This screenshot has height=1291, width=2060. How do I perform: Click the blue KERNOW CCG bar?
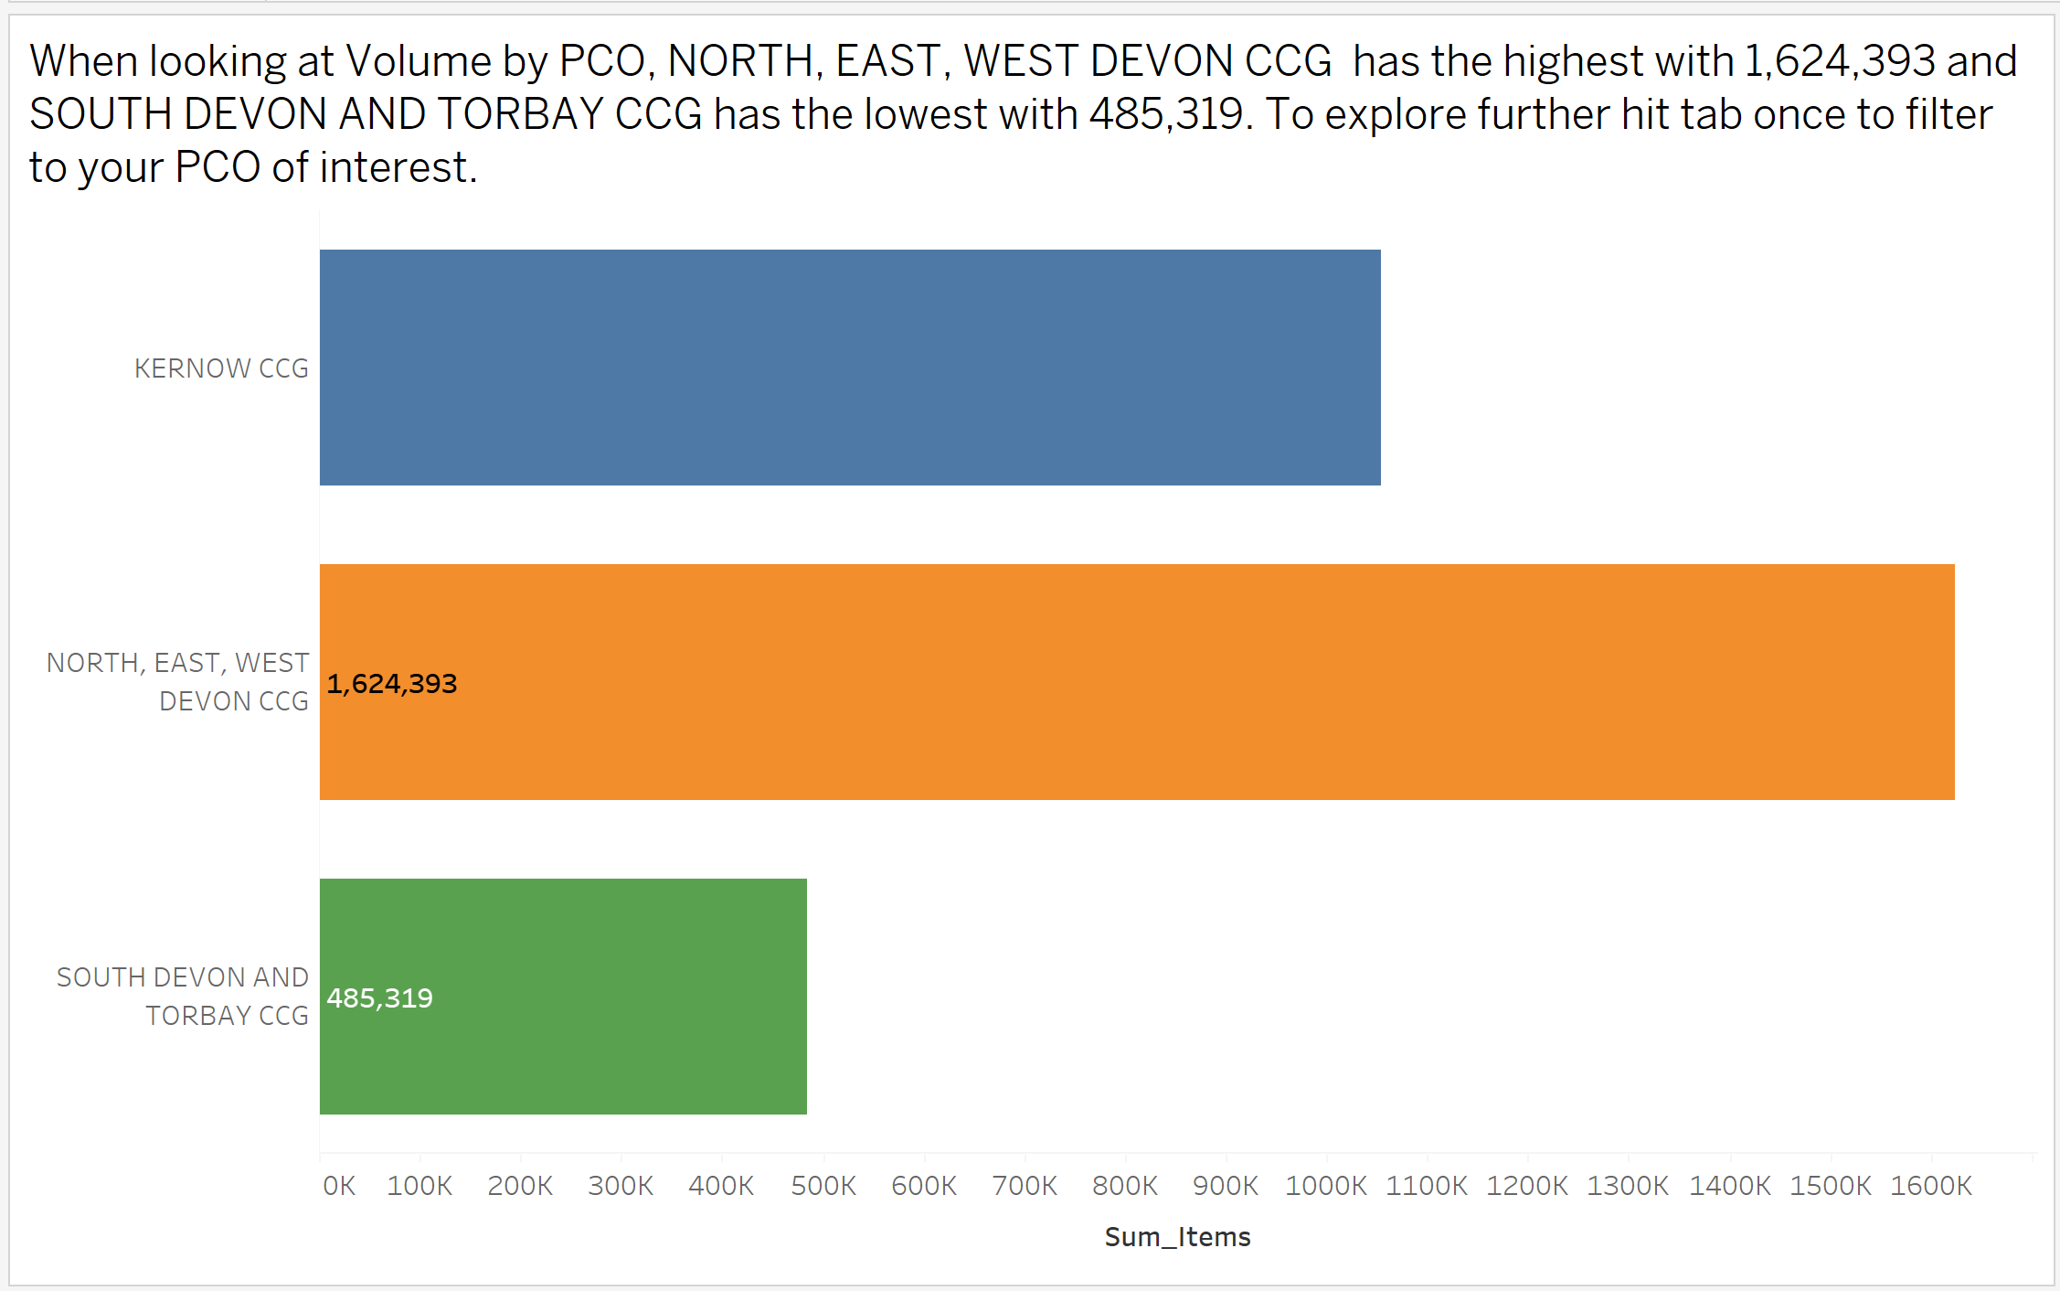(x=850, y=368)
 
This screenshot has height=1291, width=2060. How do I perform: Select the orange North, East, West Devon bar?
(x=1137, y=682)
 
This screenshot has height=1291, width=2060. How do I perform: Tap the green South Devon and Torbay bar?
(x=563, y=997)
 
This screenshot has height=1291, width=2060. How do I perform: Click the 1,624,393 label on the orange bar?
(x=392, y=684)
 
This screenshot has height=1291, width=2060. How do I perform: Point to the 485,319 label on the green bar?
(x=380, y=998)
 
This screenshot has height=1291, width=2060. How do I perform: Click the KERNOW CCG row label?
(x=221, y=368)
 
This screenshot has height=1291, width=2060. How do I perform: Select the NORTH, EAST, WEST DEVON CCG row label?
(x=178, y=682)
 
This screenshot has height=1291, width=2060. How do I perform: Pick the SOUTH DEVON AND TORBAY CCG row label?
(x=183, y=997)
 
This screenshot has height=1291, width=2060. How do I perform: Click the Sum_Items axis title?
(x=1177, y=1237)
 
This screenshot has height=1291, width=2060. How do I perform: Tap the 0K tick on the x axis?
(x=339, y=1186)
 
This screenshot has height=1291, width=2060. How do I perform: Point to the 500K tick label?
(x=823, y=1186)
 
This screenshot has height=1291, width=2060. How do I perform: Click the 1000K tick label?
(x=1326, y=1186)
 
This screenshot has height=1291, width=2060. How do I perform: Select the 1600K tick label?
(x=1931, y=1186)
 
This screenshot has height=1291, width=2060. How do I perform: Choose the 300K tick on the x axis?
(x=621, y=1186)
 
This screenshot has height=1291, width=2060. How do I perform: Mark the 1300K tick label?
(x=1628, y=1186)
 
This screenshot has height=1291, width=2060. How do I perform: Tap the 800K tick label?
(x=1125, y=1186)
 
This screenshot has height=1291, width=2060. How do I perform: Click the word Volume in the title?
(x=419, y=62)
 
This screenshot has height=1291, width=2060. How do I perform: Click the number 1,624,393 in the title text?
(x=1840, y=62)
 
